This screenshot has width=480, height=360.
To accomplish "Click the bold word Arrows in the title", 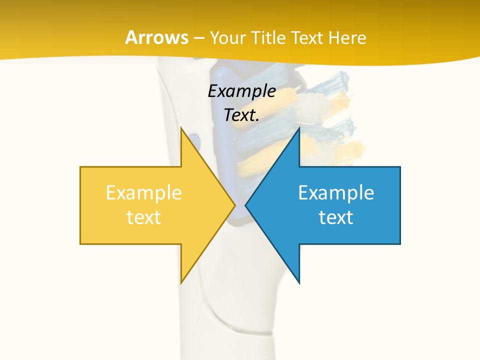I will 156,37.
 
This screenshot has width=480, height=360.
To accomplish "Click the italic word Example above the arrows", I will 241,91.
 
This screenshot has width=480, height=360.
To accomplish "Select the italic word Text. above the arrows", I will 241,115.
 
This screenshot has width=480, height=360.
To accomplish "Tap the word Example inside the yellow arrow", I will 143,193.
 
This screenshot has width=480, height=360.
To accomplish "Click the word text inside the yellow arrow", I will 143,217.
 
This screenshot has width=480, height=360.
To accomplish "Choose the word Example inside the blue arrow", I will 336,193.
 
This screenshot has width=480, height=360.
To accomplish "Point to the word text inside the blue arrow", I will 336,217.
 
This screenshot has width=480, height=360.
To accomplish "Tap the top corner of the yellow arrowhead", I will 181,128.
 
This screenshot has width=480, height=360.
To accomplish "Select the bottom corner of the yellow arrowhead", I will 181,282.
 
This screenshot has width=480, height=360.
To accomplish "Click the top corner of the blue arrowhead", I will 299,128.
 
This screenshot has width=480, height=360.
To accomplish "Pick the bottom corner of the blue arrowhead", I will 299,282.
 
